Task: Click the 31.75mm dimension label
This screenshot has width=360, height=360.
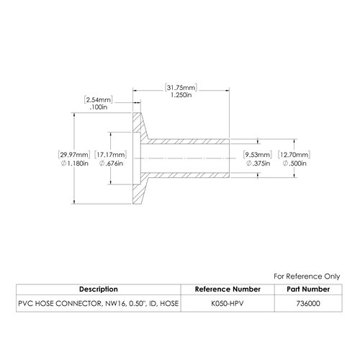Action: [181, 88]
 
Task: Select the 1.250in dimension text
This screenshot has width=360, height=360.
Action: [181, 95]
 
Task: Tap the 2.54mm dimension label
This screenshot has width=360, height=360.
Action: [99, 100]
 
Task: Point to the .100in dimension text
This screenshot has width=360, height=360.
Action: [99, 107]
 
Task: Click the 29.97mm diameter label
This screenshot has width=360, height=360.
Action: [74, 155]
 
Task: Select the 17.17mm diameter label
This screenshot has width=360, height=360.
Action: [111, 155]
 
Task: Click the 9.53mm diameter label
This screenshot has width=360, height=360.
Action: [258, 155]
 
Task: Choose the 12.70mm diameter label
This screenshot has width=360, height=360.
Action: [294, 155]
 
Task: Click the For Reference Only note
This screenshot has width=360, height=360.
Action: [307, 276]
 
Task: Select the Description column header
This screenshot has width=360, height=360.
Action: [99, 289]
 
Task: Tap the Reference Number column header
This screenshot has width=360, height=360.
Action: [228, 289]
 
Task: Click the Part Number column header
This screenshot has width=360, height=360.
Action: [308, 289]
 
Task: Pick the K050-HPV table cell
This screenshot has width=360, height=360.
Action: [228, 304]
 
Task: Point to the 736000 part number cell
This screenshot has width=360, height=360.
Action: [308, 304]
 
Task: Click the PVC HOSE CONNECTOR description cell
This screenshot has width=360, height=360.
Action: [99, 304]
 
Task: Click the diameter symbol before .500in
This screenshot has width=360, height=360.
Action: [285, 163]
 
